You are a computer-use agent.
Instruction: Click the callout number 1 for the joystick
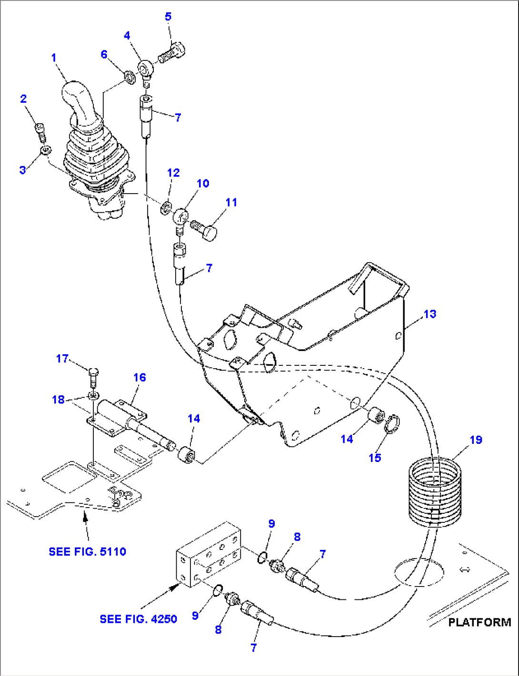tap(54, 58)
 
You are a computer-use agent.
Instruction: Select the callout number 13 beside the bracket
tap(429, 314)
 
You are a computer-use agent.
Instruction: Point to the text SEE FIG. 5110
tap(87, 552)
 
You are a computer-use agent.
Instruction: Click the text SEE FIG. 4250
tap(138, 619)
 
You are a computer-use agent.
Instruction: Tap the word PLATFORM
tap(479, 622)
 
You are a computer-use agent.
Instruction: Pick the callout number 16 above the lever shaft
tap(140, 377)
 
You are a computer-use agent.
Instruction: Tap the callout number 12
tap(173, 173)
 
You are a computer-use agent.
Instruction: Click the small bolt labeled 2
tap(41, 131)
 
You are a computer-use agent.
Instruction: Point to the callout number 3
tap(22, 170)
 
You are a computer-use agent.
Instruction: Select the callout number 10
tap(203, 183)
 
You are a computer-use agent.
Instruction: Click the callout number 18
tap(58, 399)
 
